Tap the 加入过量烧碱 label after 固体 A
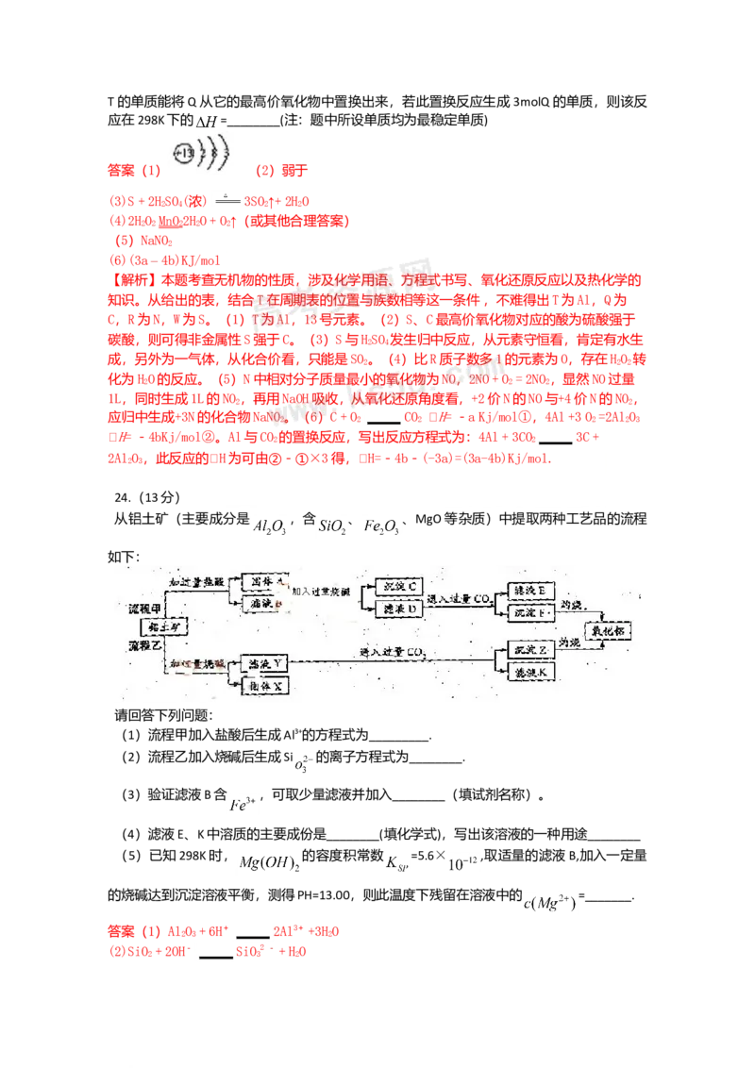point(324,591)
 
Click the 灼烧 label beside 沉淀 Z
point(568,642)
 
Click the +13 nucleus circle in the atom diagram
point(184,151)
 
